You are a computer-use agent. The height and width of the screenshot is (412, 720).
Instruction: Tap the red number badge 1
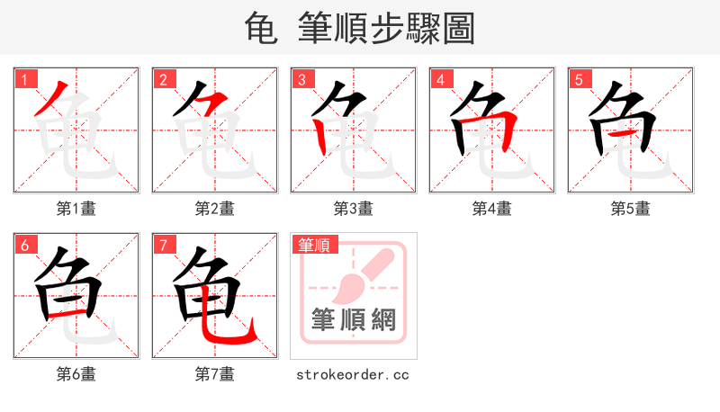pyautogui.click(x=24, y=79)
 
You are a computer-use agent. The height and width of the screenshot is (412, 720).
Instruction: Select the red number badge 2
pyautogui.click(x=163, y=79)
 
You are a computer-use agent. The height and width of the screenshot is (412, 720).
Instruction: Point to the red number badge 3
pyautogui.click(x=301, y=79)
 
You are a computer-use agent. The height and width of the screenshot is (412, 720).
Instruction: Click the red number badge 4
pyautogui.click(x=440, y=79)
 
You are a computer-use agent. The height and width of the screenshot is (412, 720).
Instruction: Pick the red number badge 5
pyautogui.click(x=579, y=79)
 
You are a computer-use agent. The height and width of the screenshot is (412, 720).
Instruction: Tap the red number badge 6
pyautogui.click(x=24, y=245)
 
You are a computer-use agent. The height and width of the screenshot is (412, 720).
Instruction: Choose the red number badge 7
pyautogui.click(x=163, y=245)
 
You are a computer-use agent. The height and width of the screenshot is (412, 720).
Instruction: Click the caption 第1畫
pyautogui.click(x=76, y=208)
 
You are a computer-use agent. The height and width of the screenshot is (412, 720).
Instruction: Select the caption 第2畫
pyautogui.click(x=214, y=208)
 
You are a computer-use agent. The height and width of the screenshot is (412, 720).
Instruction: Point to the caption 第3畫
pyautogui.click(x=353, y=208)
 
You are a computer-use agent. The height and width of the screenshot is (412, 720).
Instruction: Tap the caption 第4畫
pyautogui.click(x=491, y=208)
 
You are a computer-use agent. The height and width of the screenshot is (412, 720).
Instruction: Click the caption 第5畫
pyautogui.click(x=630, y=208)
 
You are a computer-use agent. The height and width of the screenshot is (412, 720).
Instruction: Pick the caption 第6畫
pyautogui.click(x=76, y=373)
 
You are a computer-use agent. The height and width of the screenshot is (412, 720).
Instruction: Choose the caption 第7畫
pyautogui.click(x=214, y=373)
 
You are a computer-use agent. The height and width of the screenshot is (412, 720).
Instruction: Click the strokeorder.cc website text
pyautogui.click(x=353, y=373)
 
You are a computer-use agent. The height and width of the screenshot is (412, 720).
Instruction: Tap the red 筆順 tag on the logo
pyautogui.click(x=314, y=245)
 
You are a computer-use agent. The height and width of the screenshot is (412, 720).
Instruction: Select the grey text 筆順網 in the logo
pyautogui.click(x=353, y=320)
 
